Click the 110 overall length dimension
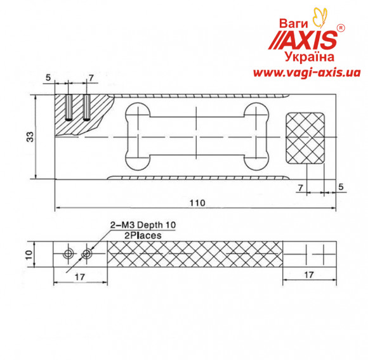pyautogui.click(x=197, y=203)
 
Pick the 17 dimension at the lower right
pyautogui.click(x=308, y=276)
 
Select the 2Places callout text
pyautogui.click(x=136, y=235)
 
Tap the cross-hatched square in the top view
pyautogui.click(x=305, y=138)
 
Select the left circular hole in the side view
pyautogui.click(x=69, y=254)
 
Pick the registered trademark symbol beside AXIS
pyautogui.click(x=341, y=29)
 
